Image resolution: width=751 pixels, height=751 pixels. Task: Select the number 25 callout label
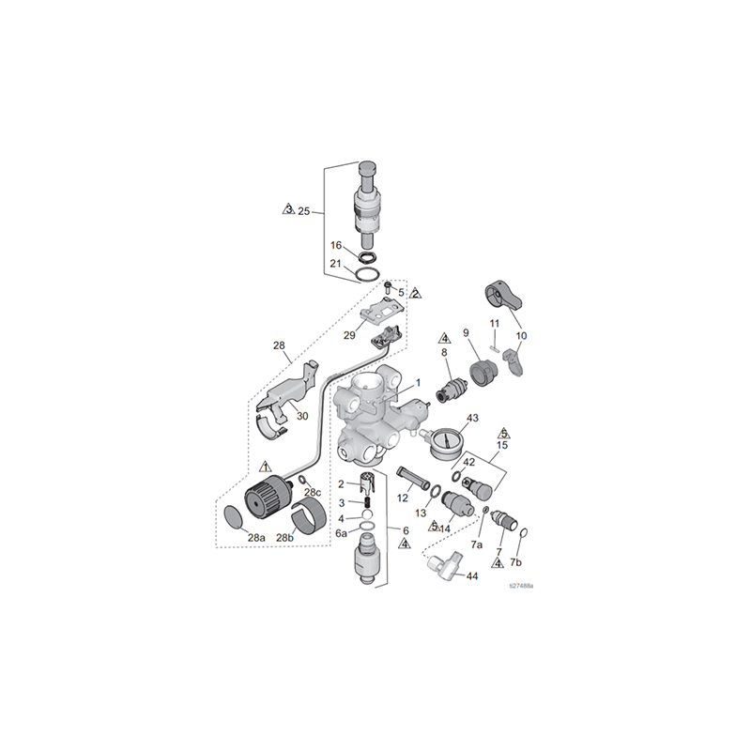point(303,211)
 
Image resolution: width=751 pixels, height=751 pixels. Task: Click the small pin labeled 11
point(496,340)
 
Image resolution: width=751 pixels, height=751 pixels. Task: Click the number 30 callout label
point(302,415)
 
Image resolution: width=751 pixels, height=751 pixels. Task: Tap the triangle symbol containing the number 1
point(266,467)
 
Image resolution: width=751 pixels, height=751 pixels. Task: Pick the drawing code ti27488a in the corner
point(521,586)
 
